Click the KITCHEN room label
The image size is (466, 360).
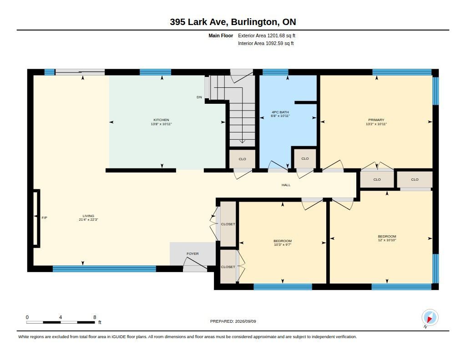(161, 120)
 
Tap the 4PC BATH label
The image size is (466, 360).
(280, 112)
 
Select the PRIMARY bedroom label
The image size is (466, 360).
(376, 120)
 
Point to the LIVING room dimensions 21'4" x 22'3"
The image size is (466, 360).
(88, 220)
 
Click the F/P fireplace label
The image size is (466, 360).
(44, 218)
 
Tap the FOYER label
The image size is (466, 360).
(192, 254)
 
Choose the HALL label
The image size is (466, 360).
(286, 185)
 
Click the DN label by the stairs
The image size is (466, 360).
(199, 97)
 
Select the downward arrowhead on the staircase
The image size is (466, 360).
(242, 142)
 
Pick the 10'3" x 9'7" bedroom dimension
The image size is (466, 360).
(283, 245)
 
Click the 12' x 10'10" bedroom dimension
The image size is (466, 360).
(387, 240)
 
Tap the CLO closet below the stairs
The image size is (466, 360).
(242, 159)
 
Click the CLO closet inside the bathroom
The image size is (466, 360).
(305, 158)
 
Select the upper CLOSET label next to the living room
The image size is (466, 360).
(228, 224)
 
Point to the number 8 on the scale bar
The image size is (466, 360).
(95, 317)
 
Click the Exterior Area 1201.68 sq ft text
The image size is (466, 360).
(267, 35)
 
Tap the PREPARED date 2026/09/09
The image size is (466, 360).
(245, 321)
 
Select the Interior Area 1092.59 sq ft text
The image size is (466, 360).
(266, 43)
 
